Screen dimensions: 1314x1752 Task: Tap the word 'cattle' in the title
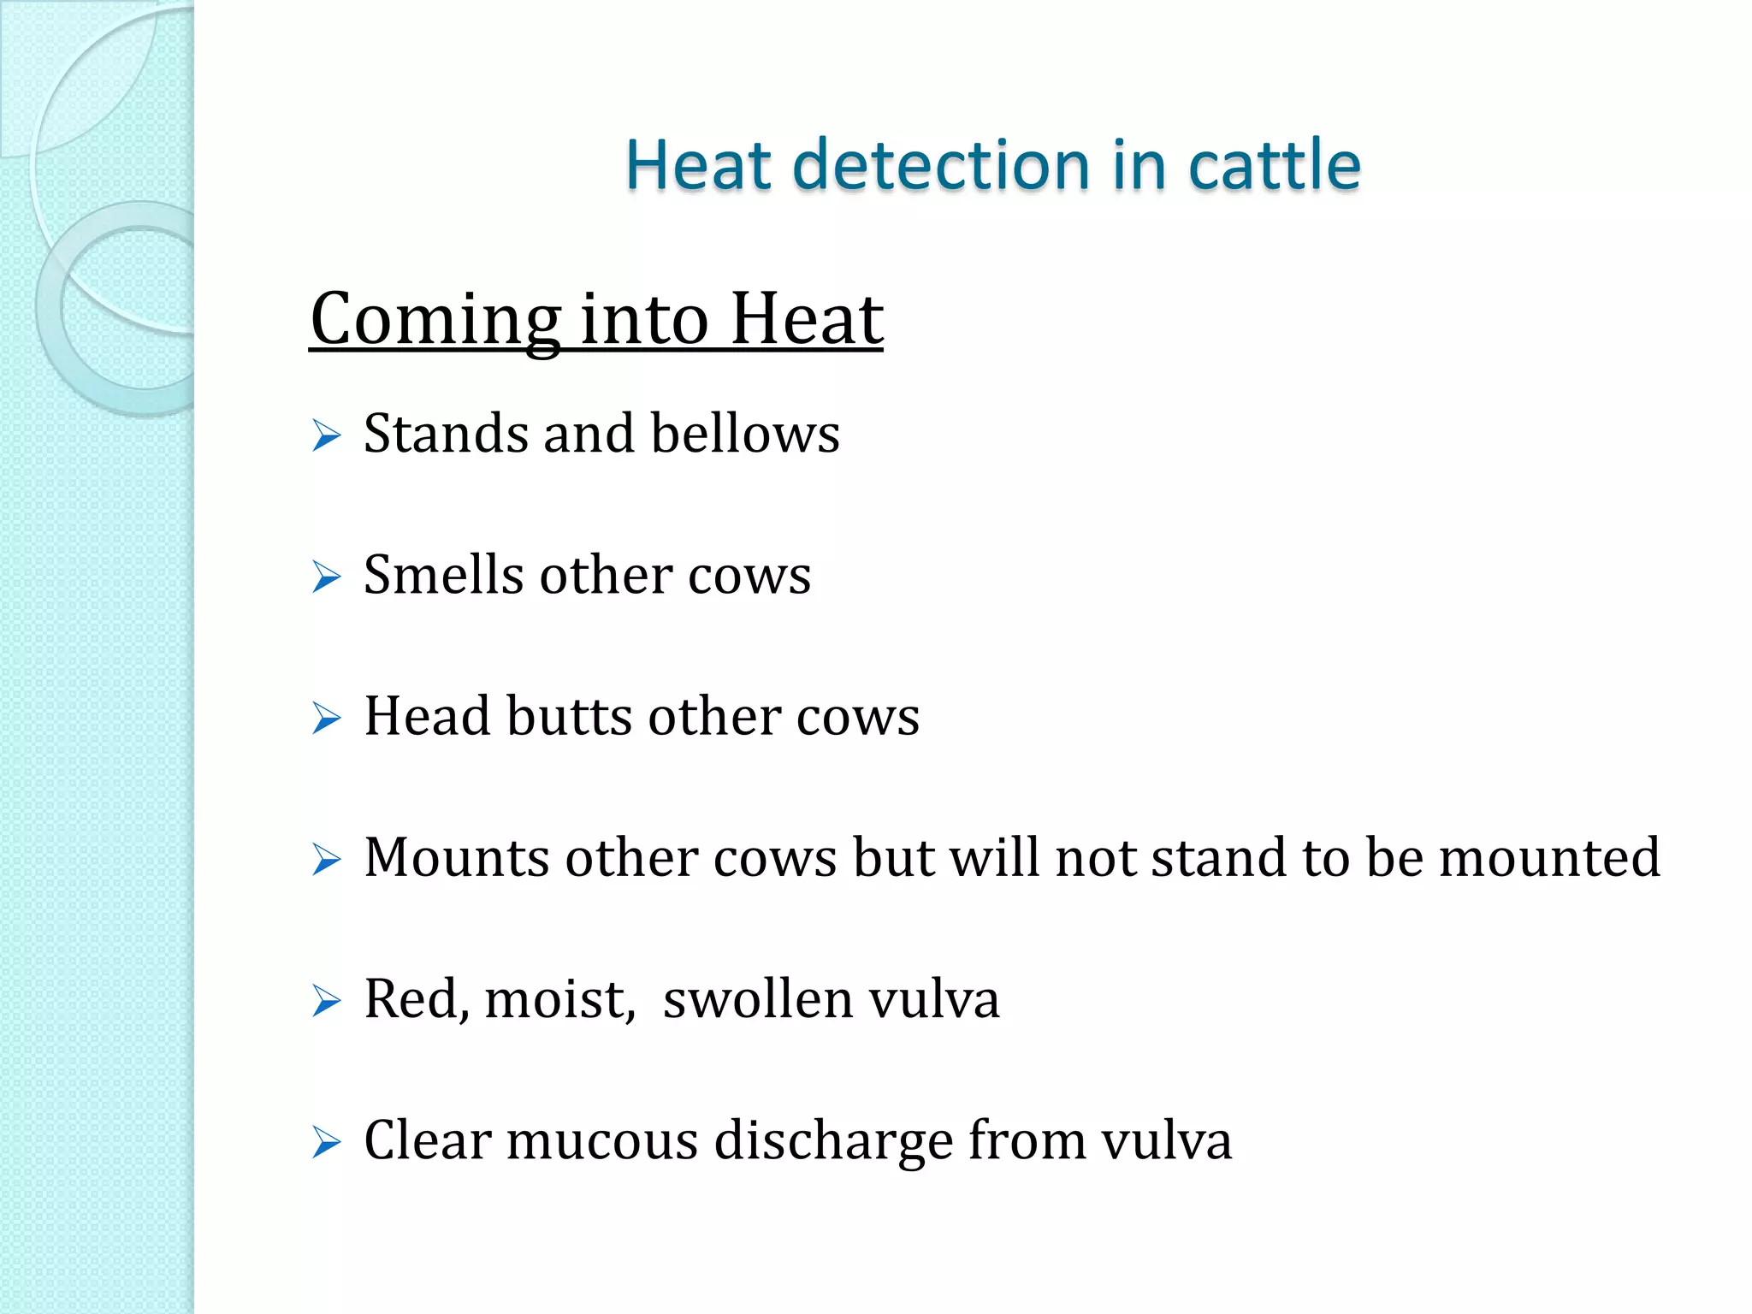1274,164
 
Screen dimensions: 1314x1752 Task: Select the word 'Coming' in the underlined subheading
435,320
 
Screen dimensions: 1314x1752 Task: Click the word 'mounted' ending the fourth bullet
1549,857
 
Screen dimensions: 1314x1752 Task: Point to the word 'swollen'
757,999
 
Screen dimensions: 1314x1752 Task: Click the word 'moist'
557,999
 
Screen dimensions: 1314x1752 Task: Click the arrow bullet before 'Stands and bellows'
326,435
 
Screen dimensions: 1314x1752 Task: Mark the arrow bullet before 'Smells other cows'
326,577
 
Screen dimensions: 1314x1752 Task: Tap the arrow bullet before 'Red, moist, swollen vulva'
326,1001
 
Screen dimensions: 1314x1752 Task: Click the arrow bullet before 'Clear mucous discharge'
326,1143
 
